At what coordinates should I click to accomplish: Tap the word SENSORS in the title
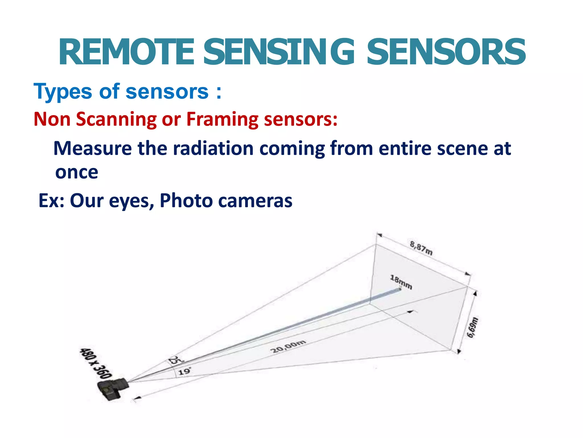[x=446, y=52]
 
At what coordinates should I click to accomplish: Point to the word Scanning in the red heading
[x=116, y=119]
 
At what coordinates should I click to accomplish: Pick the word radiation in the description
[x=213, y=149]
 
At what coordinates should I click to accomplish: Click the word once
[x=77, y=172]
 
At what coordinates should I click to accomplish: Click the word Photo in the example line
[x=186, y=200]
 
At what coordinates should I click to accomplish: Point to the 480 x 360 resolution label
[x=95, y=363]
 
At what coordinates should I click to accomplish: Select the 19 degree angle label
[x=184, y=371]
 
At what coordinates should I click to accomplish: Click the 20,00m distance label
[x=288, y=346]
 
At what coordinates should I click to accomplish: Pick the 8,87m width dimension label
[x=421, y=248]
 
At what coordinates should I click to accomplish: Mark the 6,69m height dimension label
[x=473, y=327]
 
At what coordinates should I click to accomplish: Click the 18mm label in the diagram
[x=401, y=282]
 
